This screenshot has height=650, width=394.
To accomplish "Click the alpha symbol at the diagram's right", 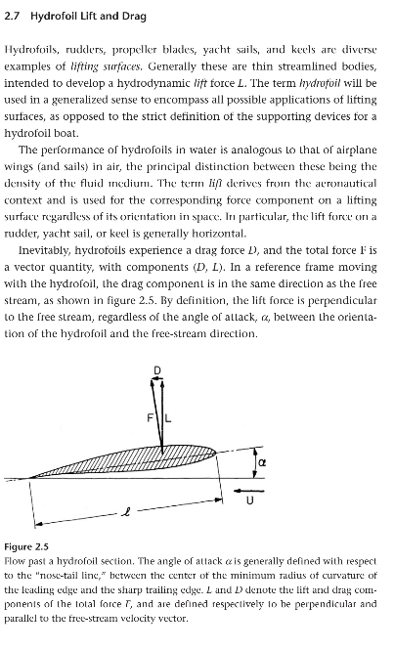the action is coord(261,457).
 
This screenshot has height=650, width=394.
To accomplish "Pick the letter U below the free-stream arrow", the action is coord(249,501).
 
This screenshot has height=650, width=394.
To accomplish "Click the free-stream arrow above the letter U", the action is coord(250,486).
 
